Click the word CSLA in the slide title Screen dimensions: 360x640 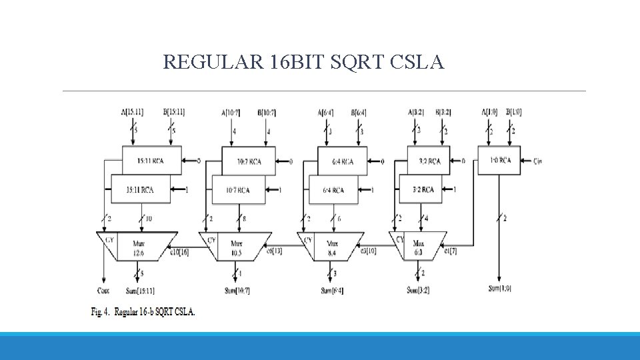pyautogui.click(x=415, y=63)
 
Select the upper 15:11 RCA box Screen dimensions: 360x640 pyautogui.click(x=151, y=161)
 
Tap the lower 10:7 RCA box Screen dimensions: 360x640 pyautogui.click(x=238, y=190)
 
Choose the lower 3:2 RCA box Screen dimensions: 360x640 pyautogui.click(x=424, y=190)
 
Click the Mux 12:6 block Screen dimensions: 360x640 pyautogui.click(x=139, y=247)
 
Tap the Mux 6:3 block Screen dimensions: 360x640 pyautogui.click(x=419, y=247)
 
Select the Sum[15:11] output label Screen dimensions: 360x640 pyautogui.click(x=139, y=290)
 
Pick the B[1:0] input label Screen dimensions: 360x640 pyautogui.click(x=514, y=112)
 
